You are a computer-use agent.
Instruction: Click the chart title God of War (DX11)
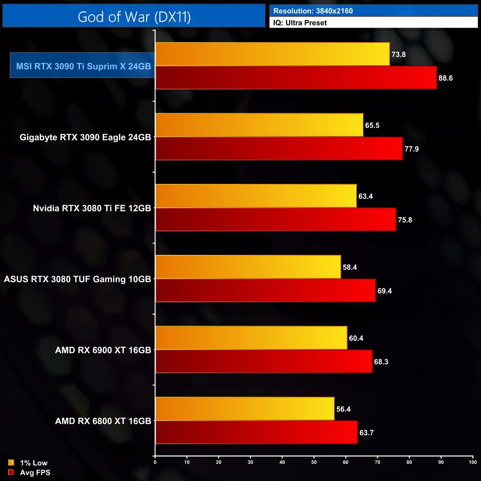pyautogui.click(x=134, y=17)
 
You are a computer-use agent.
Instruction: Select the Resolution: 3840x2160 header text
pyautogui.click(x=313, y=11)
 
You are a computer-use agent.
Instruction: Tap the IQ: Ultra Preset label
pyautogui.click(x=300, y=23)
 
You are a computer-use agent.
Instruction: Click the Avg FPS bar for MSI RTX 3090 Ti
pyautogui.click(x=296, y=78)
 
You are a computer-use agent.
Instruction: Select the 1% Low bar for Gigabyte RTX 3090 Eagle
pyautogui.click(x=259, y=125)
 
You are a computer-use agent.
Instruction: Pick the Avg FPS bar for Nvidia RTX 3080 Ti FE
pyautogui.click(x=276, y=219)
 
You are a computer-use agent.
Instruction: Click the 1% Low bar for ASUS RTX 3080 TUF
pyautogui.click(x=248, y=267)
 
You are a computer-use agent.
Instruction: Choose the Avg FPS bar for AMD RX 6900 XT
pyautogui.click(x=264, y=361)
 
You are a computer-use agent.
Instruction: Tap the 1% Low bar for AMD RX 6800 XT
pyautogui.click(x=245, y=409)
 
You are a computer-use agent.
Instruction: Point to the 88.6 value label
pyautogui.click(x=445, y=78)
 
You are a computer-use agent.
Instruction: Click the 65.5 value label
pyautogui.click(x=372, y=125)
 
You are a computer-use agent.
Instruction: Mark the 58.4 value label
pyautogui.click(x=350, y=267)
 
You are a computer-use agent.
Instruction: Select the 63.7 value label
pyautogui.click(x=366, y=433)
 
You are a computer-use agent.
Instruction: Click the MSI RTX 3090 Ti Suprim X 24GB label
pyautogui.click(x=83, y=66)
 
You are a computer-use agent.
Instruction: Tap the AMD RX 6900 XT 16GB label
pyautogui.click(x=103, y=350)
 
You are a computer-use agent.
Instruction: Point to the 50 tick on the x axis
pyautogui.click(x=314, y=462)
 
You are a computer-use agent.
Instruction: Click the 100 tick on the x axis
pyautogui.click(x=472, y=462)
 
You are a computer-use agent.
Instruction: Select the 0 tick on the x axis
pyautogui.click(x=155, y=462)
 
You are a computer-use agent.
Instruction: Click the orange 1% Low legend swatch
pyautogui.click(x=11, y=462)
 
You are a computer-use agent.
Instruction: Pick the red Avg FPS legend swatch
pyautogui.click(x=11, y=472)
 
